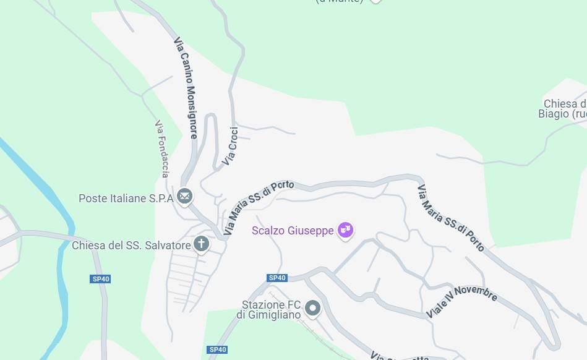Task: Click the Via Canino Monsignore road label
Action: coord(186,87)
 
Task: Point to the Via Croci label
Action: coord(230,146)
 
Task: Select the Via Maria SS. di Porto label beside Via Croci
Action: coord(259,207)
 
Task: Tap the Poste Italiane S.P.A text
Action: coord(126,199)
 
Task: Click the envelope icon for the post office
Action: coord(184,197)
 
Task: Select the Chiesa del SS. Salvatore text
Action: coord(131,246)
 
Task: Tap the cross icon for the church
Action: coord(201,244)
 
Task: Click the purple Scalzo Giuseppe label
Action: coord(293,231)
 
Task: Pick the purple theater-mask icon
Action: coord(345,231)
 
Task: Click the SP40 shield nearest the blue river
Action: coord(101,279)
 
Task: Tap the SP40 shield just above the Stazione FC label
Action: coord(276,278)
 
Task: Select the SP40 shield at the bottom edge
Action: coord(217,349)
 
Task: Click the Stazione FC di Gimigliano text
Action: coord(271,310)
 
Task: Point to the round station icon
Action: coord(313,308)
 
